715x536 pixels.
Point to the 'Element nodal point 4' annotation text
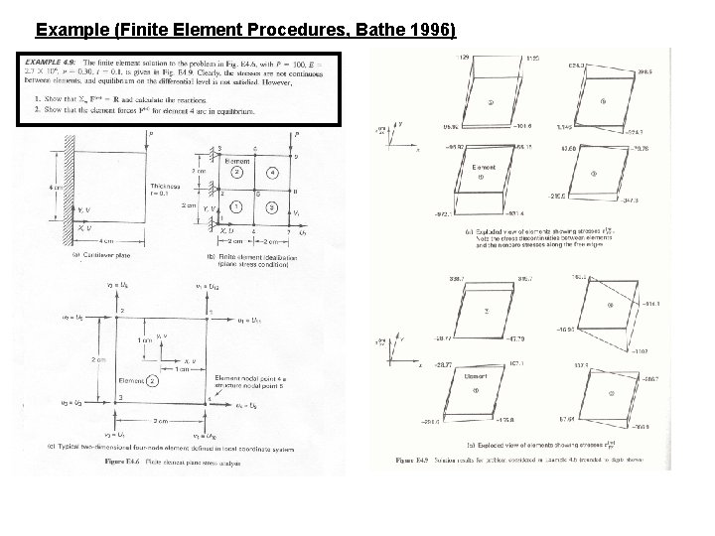coord(244,378)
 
